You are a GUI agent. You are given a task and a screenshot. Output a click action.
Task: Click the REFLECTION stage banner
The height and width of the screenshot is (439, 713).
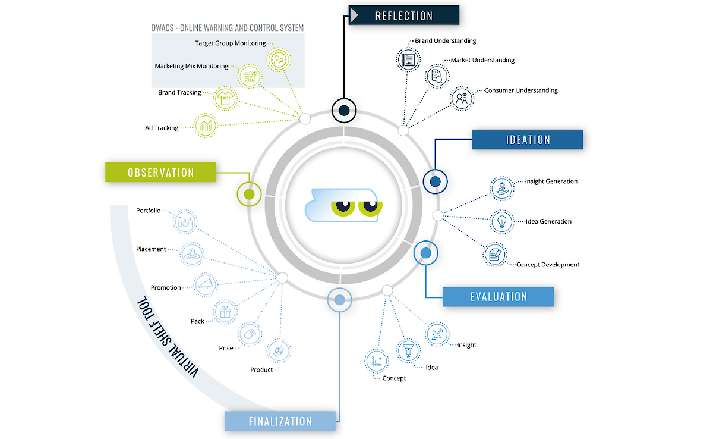coord(404,15)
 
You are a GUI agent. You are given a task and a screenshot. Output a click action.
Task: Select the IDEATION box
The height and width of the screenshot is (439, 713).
coord(528,140)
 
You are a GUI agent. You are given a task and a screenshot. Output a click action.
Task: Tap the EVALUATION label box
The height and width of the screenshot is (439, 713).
coord(499,296)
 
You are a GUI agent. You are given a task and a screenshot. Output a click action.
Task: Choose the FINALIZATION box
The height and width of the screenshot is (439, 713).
coord(280,421)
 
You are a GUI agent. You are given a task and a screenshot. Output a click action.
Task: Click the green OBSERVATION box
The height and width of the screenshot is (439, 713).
coord(160,173)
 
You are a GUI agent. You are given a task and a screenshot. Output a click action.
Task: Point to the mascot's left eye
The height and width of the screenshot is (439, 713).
coord(344,207)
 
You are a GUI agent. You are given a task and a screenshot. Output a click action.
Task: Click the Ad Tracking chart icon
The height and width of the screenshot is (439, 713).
coord(206,125)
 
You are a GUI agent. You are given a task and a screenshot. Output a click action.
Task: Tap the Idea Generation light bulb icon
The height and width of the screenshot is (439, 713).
coord(502,221)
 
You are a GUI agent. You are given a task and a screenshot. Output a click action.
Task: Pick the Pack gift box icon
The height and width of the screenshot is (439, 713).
coord(225,311)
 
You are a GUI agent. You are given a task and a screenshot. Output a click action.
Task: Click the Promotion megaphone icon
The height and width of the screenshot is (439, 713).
coord(206,284)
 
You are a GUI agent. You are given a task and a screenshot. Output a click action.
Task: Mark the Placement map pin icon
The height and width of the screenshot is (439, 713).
coord(191,253)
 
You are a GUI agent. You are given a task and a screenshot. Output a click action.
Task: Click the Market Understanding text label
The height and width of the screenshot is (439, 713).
coord(482,60)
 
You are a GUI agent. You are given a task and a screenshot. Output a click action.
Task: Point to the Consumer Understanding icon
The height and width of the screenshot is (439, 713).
coord(461,98)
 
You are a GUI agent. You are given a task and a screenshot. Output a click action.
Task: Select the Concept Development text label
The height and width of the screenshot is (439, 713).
coord(547,265)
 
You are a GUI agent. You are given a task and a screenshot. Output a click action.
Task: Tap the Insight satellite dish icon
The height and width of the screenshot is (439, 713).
coord(437,335)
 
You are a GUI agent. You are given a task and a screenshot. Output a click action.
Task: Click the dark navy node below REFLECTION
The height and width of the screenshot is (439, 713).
coord(343,109)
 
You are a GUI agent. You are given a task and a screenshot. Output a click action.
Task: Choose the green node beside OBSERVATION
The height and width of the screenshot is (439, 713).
coord(249,194)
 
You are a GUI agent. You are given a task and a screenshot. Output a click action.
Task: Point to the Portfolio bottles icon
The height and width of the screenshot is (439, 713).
coord(185,222)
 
